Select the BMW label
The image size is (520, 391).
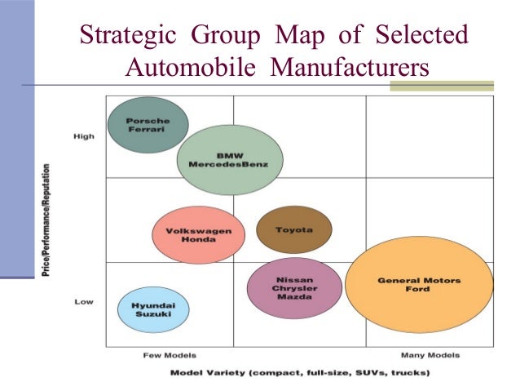(230, 155)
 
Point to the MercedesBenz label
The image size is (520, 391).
(230, 165)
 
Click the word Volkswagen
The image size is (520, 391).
(199, 230)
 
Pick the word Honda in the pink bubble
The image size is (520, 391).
(199, 240)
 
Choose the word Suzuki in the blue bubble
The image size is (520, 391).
(153, 315)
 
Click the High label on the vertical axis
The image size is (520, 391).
(85, 136)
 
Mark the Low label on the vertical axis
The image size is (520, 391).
(84, 301)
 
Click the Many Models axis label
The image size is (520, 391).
(430, 356)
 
